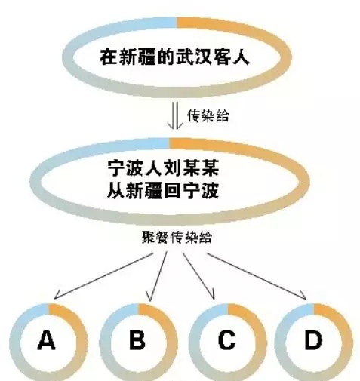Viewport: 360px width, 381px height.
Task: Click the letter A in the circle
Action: (x=46, y=340)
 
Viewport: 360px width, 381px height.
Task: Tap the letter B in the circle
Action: (x=137, y=340)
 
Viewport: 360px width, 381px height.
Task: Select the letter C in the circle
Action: (x=226, y=340)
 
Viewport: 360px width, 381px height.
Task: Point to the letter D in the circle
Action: (x=313, y=340)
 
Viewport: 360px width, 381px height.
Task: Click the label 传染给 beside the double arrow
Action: (x=208, y=116)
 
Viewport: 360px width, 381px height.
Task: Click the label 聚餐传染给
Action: (x=177, y=237)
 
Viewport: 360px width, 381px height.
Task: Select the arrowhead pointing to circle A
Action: (x=57, y=295)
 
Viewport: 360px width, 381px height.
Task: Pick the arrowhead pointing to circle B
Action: (x=150, y=297)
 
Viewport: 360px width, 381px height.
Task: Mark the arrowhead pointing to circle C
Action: (x=212, y=294)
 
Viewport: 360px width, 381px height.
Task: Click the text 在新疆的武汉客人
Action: (x=174, y=57)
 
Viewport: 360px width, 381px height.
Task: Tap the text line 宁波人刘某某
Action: (x=163, y=168)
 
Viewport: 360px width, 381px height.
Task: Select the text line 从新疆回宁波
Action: (x=163, y=191)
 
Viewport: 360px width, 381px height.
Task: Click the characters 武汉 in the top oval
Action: (x=193, y=57)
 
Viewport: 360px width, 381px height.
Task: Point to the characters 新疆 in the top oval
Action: (x=137, y=57)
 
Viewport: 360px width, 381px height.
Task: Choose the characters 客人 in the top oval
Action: (x=231, y=57)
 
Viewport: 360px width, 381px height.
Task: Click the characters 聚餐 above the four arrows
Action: (x=155, y=237)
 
